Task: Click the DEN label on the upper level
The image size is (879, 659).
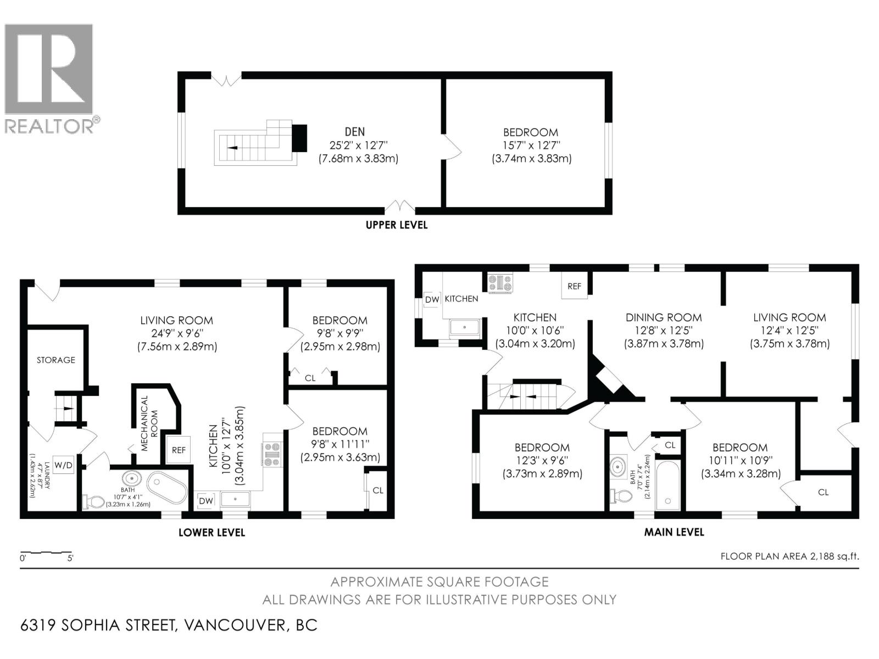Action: coord(354,132)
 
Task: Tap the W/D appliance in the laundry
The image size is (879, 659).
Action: coord(64,465)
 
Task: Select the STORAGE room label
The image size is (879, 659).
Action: coord(55,360)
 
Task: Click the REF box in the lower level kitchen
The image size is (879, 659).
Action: coord(179,450)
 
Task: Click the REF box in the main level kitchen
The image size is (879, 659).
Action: coord(574,286)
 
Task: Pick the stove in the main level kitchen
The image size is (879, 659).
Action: coord(500,283)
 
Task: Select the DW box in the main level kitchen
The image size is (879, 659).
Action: coord(432,299)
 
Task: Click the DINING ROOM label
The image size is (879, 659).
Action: coord(664,317)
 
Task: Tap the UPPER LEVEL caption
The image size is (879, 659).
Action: coord(397,225)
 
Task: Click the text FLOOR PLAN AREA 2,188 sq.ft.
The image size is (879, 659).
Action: coord(789,556)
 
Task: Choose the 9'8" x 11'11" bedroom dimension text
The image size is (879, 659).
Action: coord(340,444)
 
